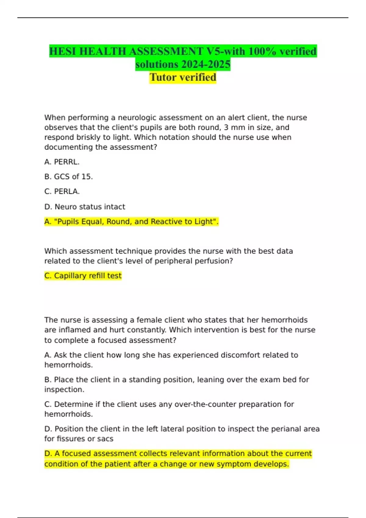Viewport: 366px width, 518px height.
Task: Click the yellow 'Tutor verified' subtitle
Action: coord(183,77)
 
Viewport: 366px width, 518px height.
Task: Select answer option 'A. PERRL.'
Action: coord(62,162)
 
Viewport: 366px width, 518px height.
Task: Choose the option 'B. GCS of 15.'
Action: coord(69,177)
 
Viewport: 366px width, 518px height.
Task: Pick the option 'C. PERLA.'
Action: coord(62,191)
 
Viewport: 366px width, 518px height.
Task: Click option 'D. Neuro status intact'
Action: coord(85,207)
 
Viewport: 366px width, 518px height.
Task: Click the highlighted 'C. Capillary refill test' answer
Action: coord(83,276)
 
